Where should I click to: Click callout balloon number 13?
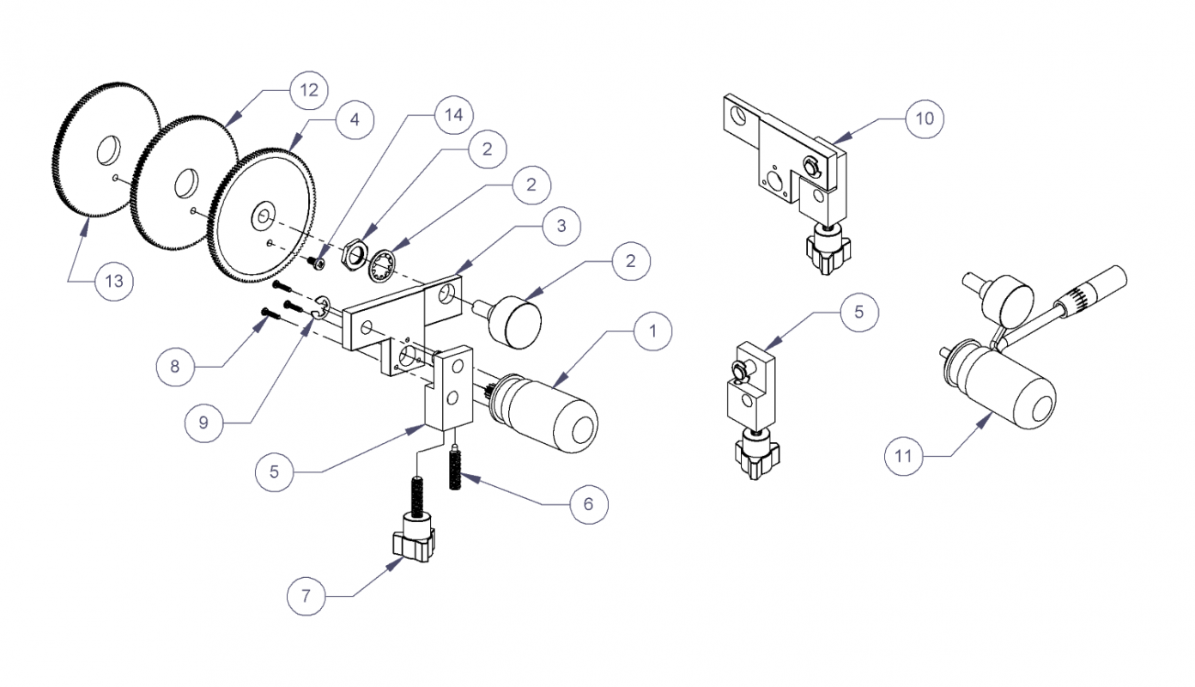[x=115, y=281]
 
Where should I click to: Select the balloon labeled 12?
[x=307, y=89]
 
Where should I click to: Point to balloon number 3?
[x=560, y=226]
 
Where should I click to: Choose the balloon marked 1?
[x=652, y=329]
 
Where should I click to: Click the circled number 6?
[x=588, y=503]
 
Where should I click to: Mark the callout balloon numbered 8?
[x=176, y=367]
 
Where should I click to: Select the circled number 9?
[x=204, y=423]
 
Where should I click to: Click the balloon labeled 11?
[x=904, y=455]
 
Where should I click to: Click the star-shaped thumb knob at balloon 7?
[x=413, y=543]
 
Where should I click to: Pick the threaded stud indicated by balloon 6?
[x=456, y=469]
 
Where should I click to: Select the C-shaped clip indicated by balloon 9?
[x=323, y=307]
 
